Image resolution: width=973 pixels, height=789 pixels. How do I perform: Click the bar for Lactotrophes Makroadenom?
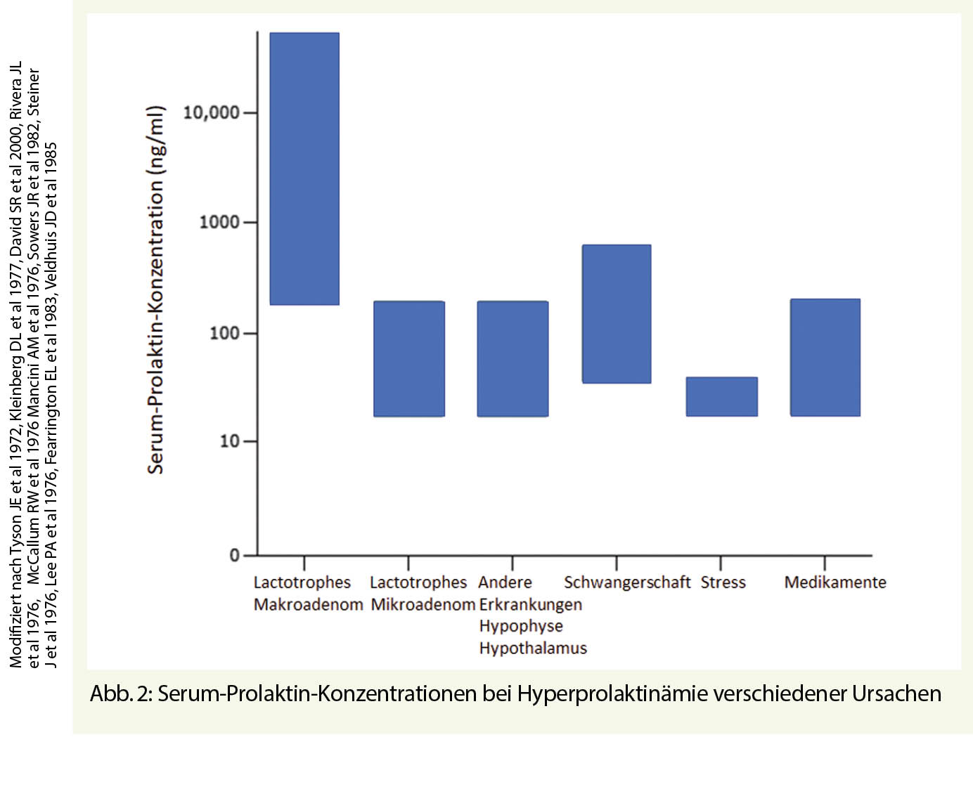tap(304, 169)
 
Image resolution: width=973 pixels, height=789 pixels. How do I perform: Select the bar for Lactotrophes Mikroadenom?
tap(408, 358)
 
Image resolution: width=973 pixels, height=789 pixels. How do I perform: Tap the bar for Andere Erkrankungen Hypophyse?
tap(513, 358)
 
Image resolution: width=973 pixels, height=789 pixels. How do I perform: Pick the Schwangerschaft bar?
tap(617, 313)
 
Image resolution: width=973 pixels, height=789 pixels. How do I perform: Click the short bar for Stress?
tap(721, 396)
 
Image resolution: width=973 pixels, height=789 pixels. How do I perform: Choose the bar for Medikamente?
tap(825, 357)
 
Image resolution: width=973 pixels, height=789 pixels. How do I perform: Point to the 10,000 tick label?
tap(211, 112)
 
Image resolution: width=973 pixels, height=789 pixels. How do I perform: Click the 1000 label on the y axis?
tap(219, 222)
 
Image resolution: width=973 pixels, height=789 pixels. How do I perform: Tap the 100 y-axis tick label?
tap(224, 333)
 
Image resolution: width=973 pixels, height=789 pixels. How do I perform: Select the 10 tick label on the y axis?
tap(229, 441)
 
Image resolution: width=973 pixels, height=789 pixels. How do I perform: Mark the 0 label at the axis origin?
tap(235, 556)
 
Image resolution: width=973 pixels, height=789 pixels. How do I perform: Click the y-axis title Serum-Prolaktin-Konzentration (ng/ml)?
tap(155, 289)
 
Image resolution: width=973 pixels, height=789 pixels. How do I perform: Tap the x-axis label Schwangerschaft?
tap(626, 582)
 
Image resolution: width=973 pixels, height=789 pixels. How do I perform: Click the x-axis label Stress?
tap(723, 582)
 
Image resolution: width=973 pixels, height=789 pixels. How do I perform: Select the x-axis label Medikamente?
tap(835, 582)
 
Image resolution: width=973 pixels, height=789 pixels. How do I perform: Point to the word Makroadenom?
tap(308, 604)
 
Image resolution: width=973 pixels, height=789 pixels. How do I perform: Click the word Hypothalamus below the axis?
tap(533, 648)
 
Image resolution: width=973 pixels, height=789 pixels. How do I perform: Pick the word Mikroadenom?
tap(423, 604)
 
